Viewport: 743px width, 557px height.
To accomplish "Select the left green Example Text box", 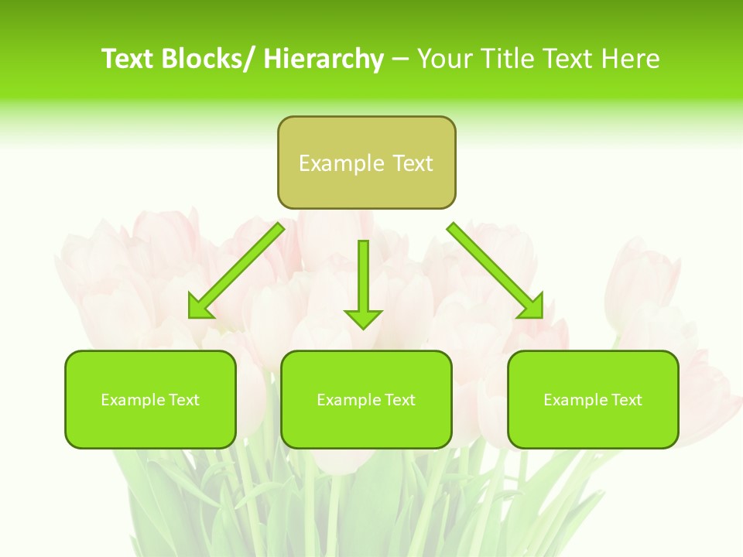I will pyautogui.click(x=150, y=399).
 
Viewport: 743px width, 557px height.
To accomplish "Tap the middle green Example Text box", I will pyautogui.click(x=366, y=399).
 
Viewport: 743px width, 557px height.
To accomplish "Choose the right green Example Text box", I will pyautogui.click(x=593, y=399).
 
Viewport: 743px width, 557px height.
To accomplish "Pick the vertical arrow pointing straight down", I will pyautogui.click(x=363, y=282).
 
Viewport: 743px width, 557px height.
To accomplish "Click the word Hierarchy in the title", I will pyautogui.click(x=324, y=59).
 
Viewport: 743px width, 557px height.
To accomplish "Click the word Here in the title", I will pyautogui.click(x=630, y=59).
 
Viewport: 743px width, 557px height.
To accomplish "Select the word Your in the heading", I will pyautogui.click(x=446, y=59).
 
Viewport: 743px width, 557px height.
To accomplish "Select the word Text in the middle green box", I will pyautogui.click(x=399, y=400).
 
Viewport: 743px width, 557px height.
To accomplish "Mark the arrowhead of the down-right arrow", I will pyautogui.click(x=532, y=307).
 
